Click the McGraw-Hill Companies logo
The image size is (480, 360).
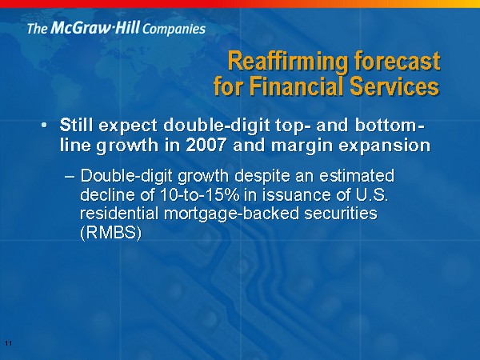pos(116,28)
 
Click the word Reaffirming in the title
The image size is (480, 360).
pos(288,62)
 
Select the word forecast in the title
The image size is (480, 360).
pos(398,61)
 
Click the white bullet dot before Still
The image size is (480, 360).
pos(45,126)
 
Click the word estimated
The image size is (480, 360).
pos(357,176)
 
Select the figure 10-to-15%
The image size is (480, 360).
pos(199,195)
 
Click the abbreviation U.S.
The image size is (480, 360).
pos(370,195)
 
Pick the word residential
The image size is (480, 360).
pos(119,214)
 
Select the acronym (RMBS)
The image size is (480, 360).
pos(111,234)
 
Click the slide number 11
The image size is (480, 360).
pos(9,343)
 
